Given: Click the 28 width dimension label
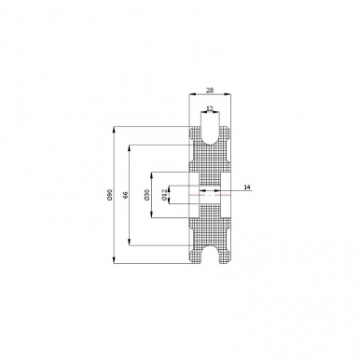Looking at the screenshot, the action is (x=210, y=90).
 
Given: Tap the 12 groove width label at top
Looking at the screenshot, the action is (x=210, y=108).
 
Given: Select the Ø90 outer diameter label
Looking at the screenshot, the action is (x=109, y=195).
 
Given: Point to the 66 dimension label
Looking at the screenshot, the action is (x=125, y=195).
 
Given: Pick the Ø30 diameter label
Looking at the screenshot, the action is (x=147, y=195).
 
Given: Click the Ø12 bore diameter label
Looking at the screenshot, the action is (x=165, y=195).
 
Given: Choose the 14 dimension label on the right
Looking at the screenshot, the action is (x=247, y=187).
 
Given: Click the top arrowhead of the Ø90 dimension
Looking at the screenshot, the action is (x=114, y=129).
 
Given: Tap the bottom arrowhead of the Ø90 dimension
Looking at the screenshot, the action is (x=114, y=261).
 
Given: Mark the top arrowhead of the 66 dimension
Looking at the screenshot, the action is (x=130, y=147).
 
